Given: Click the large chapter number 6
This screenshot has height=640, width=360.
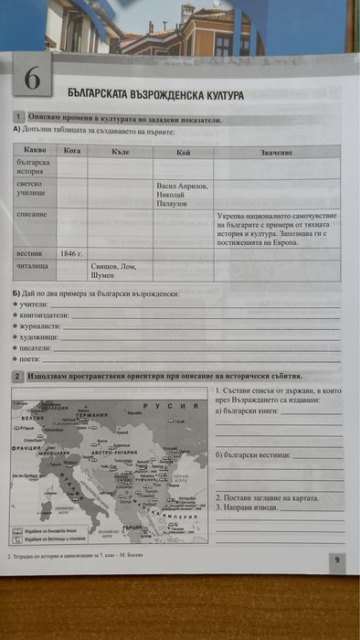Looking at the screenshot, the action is click(x=32, y=80).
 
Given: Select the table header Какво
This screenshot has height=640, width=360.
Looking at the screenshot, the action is click(x=35, y=149).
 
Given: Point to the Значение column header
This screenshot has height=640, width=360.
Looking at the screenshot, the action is click(x=276, y=151).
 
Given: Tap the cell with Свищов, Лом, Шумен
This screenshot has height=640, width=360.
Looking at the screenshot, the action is click(x=115, y=270).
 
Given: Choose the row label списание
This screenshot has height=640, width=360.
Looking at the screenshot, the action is click(x=32, y=213).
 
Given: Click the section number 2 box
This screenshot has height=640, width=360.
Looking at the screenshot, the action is click(x=17, y=376).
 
